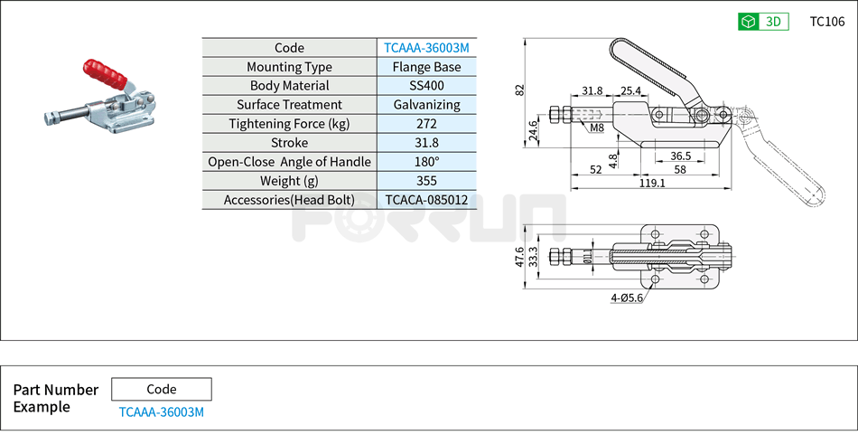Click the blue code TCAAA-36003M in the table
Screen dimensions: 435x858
click(427, 48)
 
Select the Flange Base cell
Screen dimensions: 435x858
click(427, 67)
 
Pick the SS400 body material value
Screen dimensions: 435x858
click(427, 86)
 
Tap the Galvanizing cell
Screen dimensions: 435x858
click(427, 105)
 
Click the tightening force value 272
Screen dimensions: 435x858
click(427, 124)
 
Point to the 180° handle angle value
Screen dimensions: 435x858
click(427, 162)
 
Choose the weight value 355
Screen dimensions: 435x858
click(427, 181)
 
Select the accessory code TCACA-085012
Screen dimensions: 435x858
click(427, 200)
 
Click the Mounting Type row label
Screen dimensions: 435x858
click(289, 67)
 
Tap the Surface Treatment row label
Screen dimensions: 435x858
click(289, 105)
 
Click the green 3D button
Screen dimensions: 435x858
click(763, 22)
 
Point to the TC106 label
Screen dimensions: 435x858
click(826, 22)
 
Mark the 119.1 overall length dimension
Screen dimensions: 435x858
click(651, 183)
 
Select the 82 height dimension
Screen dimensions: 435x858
click(519, 90)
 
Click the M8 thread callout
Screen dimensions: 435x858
click(597, 128)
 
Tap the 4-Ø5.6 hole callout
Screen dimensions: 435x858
click(626, 298)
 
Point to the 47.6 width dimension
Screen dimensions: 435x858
click(520, 257)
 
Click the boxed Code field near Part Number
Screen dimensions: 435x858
click(162, 390)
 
